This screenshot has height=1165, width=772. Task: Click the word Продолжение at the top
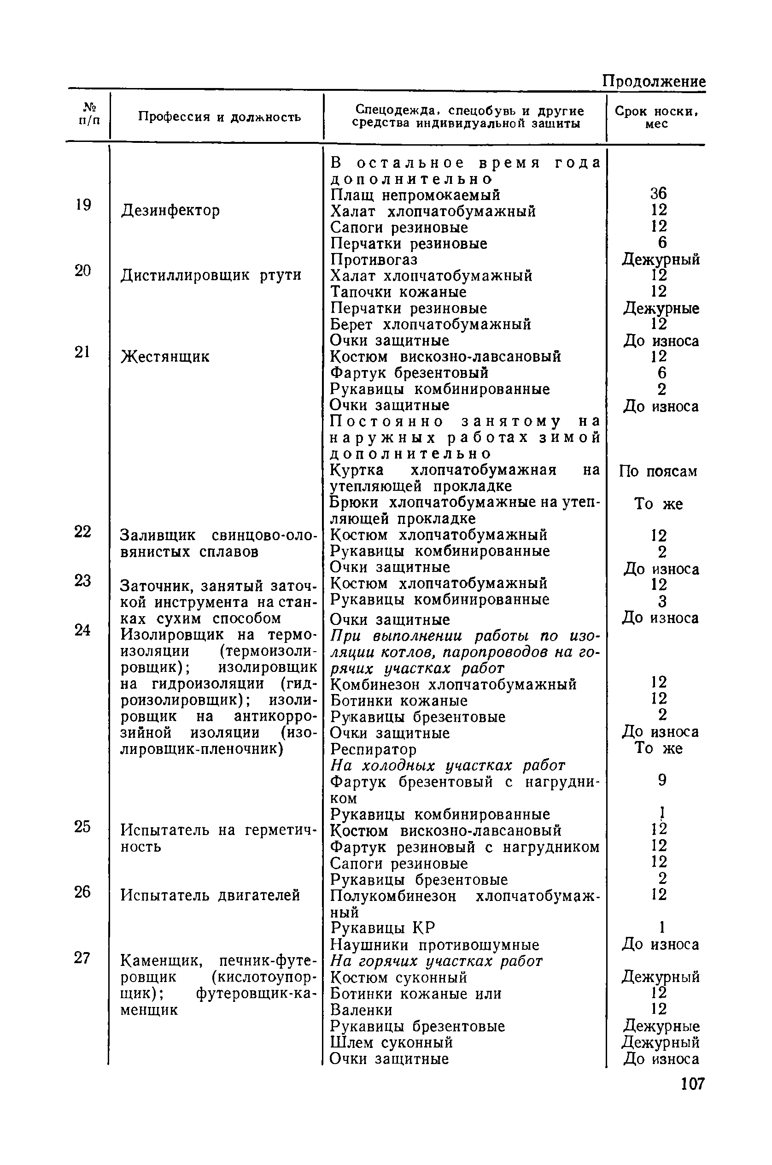click(653, 81)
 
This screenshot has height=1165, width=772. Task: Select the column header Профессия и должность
click(219, 117)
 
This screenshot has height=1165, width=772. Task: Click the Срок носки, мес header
click(657, 117)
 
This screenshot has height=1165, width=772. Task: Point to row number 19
click(83, 205)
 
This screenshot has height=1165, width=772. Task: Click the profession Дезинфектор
click(170, 211)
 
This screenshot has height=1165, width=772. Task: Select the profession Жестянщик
click(165, 356)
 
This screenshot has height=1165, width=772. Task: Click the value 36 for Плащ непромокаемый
click(658, 194)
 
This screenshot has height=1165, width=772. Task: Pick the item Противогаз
click(374, 259)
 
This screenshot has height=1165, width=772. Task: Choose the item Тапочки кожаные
click(398, 292)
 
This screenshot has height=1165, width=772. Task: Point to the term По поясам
click(658, 471)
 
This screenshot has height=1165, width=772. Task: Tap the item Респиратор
click(373, 749)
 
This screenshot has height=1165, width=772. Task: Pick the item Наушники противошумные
click(434, 945)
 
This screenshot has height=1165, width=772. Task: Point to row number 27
click(82, 958)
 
